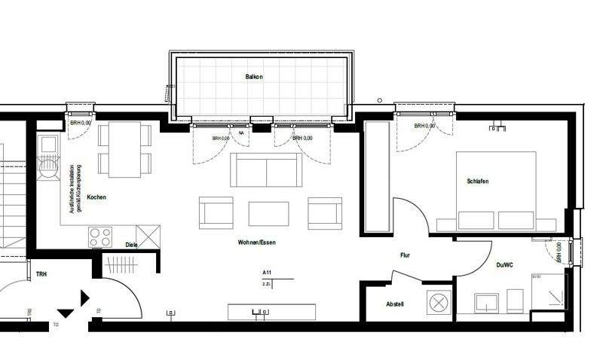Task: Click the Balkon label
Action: click(253, 77)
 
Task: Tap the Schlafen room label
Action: click(478, 182)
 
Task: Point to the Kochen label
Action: click(96, 197)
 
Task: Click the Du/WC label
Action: click(504, 264)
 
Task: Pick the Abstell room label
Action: click(395, 304)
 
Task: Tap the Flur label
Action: click(405, 256)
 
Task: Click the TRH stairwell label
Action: click(41, 274)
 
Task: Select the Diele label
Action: click(131, 244)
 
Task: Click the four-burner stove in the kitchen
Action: click(101, 236)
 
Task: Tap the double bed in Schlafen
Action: click(496, 191)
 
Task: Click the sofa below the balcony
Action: click(265, 169)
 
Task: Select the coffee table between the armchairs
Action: click(268, 213)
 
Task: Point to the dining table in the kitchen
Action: click(125, 150)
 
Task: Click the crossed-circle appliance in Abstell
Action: click(437, 303)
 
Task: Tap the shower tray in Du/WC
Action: click(548, 292)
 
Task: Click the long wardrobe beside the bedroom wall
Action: click(376, 178)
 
